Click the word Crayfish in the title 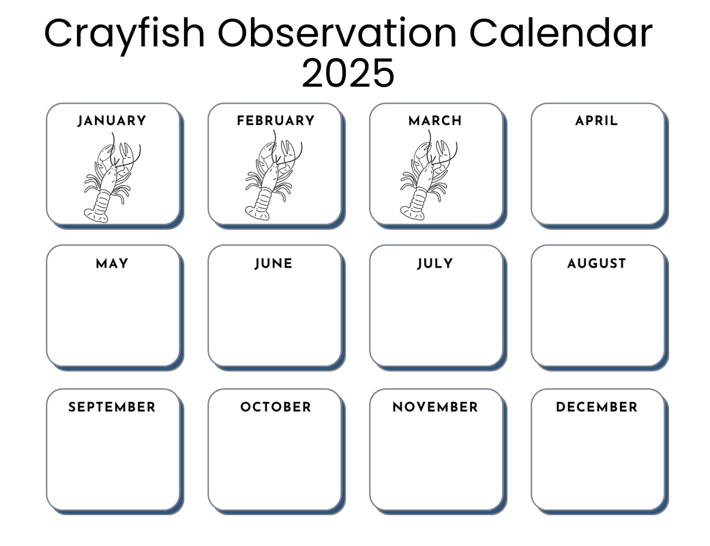(x=125, y=34)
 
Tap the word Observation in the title (x=338, y=33)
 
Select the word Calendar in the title (x=561, y=33)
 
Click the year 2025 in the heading (x=348, y=73)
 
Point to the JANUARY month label (x=112, y=121)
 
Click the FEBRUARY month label (x=276, y=121)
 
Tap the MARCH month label (x=435, y=121)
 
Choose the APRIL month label (x=596, y=121)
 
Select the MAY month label (x=112, y=263)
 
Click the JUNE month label (x=273, y=263)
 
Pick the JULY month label (x=434, y=263)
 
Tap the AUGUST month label (x=596, y=263)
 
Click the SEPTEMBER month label (x=112, y=407)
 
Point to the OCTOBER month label (x=276, y=407)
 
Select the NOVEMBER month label (x=435, y=407)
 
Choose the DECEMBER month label (x=596, y=407)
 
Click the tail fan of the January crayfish (x=96, y=215)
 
